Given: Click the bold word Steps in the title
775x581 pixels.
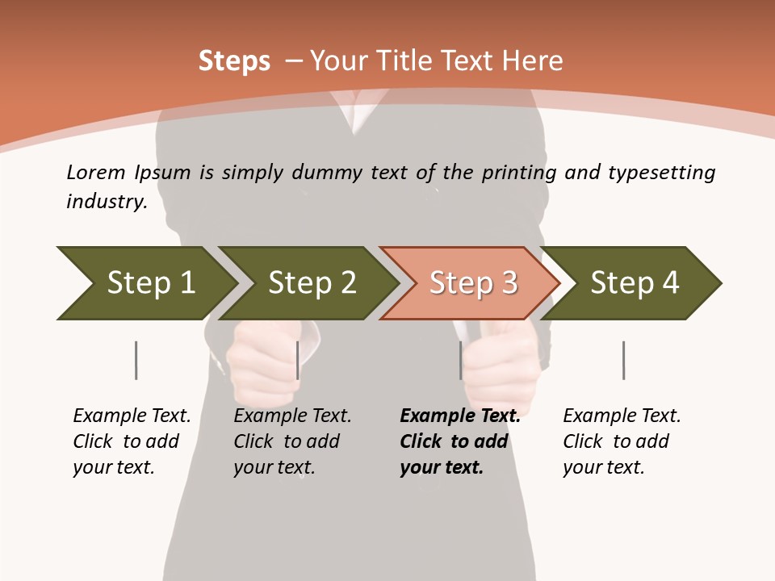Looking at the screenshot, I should (234, 61).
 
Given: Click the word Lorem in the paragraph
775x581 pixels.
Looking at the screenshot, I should (96, 172).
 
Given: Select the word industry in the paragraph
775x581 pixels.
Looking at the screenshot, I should (107, 201).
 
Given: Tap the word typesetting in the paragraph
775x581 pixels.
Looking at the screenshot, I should (661, 172).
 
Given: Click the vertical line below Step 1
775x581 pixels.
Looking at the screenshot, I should (136, 360).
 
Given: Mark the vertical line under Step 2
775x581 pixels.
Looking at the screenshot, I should (298, 360).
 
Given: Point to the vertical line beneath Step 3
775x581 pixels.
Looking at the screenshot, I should (461, 360).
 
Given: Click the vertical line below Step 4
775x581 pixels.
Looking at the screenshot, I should (623, 360).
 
